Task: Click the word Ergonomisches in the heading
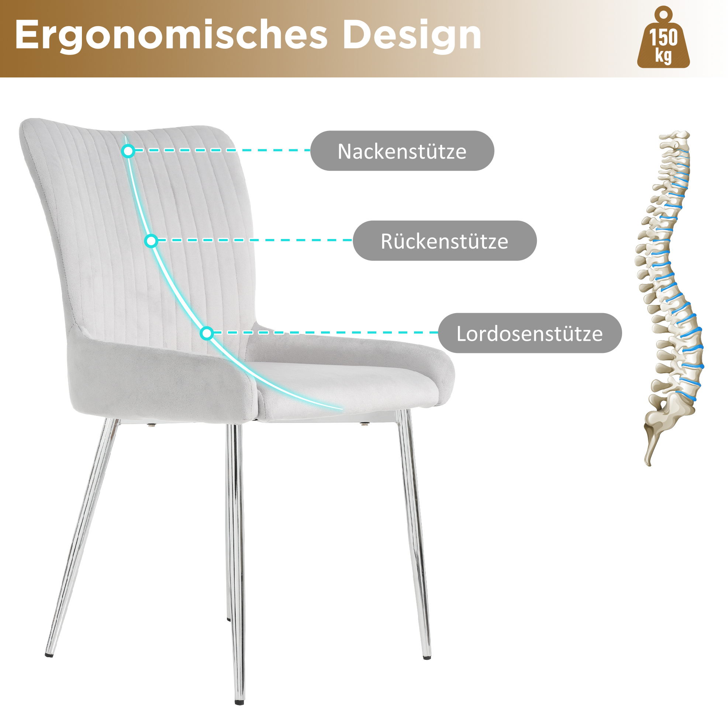pyautogui.click(x=171, y=35)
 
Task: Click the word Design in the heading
pyautogui.click(x=412, y=35)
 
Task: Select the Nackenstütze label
pyautogui.click(x=402, y=151)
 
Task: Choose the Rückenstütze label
pyautogui.click(x=445, y=240)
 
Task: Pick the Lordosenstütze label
pyautogui.click(x=530, y=333)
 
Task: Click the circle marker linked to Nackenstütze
pyautogui.click(x=128, y=151)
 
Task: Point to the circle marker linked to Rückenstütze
pyautogui.click(x=151, y=241)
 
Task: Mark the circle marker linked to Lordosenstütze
pyautogui.click(x=207, y=333)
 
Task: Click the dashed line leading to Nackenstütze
pyautogui.click(x=222, y=150)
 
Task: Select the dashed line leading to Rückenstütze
pyautogui.click(x=255, y=240)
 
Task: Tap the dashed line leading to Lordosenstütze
pyautogui.click(x=326, y=332)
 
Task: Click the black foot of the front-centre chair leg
pyautogui.click(x=239, y=702)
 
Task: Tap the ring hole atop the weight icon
pyautogui.click(x=663, y=15)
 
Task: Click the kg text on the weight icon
pyautogui.click(x=663, y=55)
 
